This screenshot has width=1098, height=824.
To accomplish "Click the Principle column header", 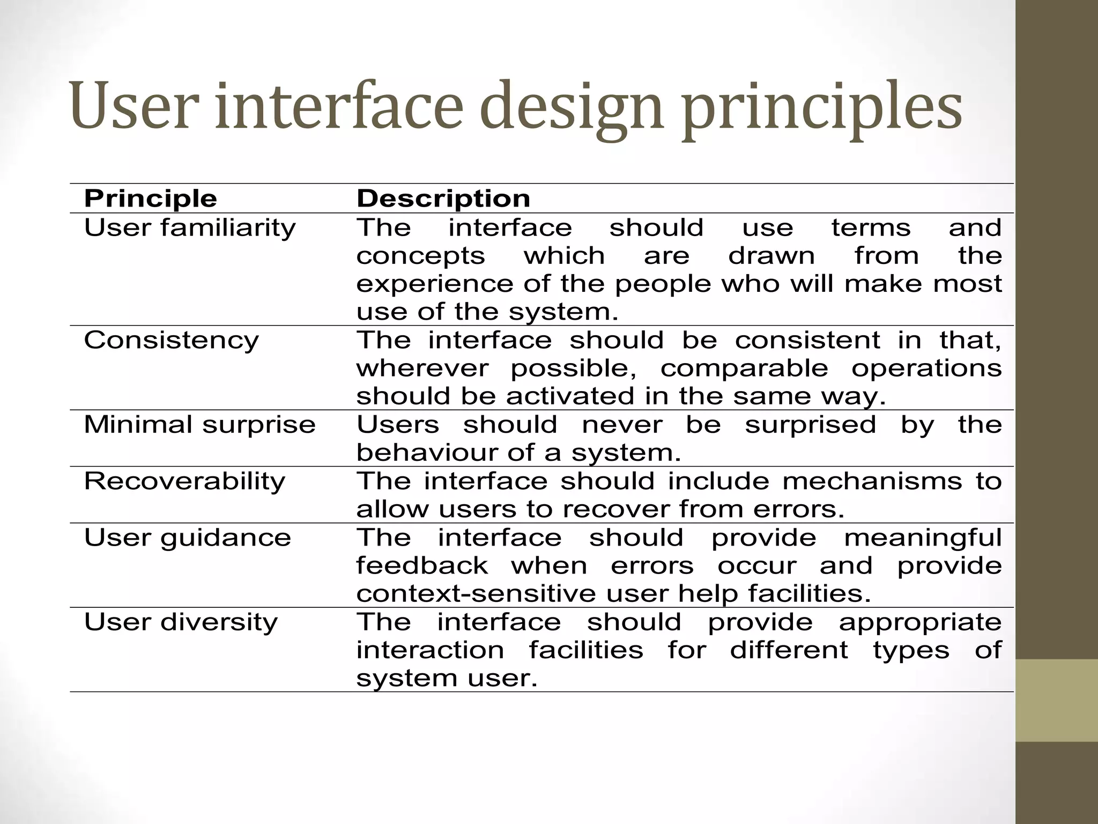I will pyautogui.click(x=151, y=198).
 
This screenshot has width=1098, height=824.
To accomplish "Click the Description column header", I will pyautogui.click(x=443, y=198).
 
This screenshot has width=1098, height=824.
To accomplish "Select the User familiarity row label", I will pyautogui.click(x=190, y=227).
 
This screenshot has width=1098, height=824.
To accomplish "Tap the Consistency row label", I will pyautogui.click(x=171, y=340).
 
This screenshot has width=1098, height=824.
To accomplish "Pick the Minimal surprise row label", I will pyautogui.click(x=199, y=424).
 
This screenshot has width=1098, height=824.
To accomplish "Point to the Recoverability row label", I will pyautogui.click(x=184, y=481).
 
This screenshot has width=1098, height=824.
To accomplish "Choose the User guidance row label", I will pyautogui.click(x=187, y=538).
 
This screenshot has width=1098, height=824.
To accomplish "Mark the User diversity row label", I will pyautogui.click(x=181, y=622).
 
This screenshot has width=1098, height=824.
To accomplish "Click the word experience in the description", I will pyautogui.click(x=435, y=284).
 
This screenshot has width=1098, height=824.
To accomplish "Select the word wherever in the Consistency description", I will pyautogui.click(x=422, y=369).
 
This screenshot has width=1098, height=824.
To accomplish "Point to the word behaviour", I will pyautogui.click(x=427, y=453).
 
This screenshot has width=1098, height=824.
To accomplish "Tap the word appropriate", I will pyautogui.click(x=920, y=622).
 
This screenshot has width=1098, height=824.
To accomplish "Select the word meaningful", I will pyautogui.click(x=923, y=538).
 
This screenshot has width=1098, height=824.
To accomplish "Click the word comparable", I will pyautogui.click(x=744, y=369).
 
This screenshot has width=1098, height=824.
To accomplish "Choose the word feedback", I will pyautogui.click(x=422, y=566).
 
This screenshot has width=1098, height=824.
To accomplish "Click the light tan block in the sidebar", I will pyautogui.click(x=1057, y=700).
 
